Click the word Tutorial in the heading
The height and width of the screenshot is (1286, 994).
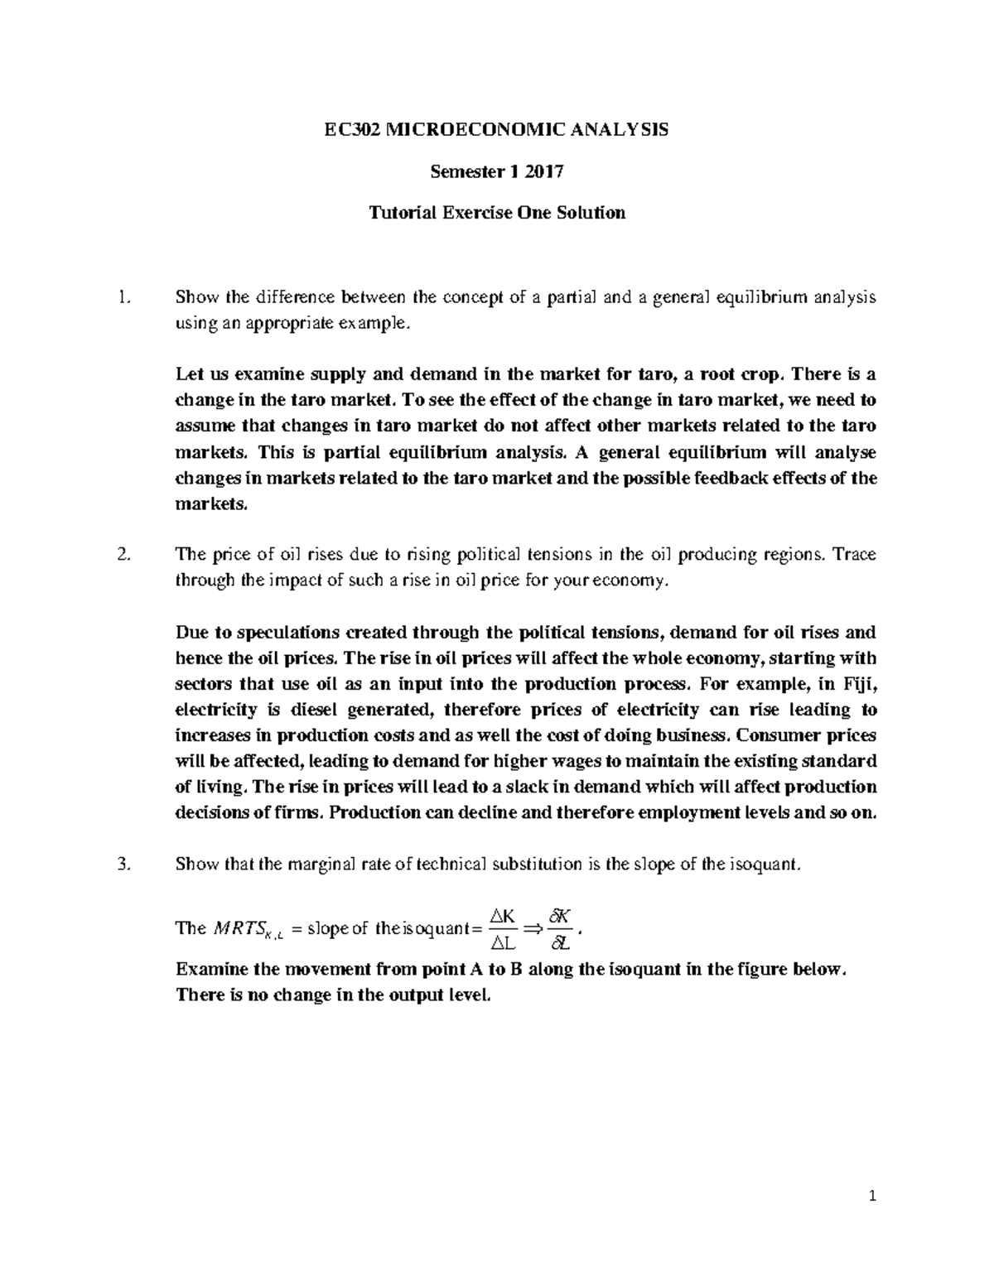(x=402, y=213)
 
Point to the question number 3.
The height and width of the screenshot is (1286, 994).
(x=123, y=865)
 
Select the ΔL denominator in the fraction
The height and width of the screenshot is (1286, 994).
(x=503, y=942)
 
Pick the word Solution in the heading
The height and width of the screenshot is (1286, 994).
(x=591, y=213)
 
